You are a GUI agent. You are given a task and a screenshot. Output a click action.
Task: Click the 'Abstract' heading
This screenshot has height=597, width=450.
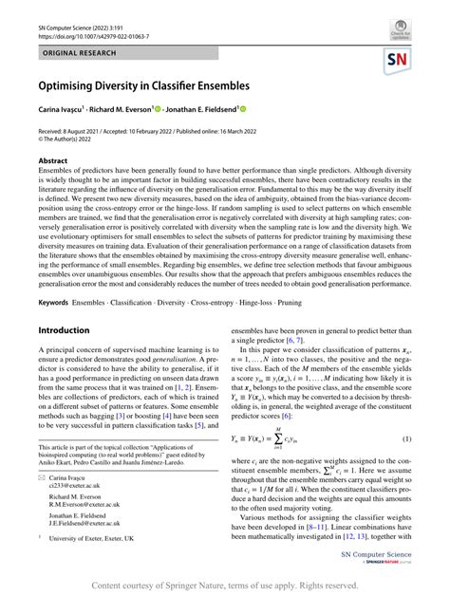click(53, 161)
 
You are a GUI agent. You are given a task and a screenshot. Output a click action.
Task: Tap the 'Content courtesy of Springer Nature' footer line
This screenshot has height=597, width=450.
click(225, 587)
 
